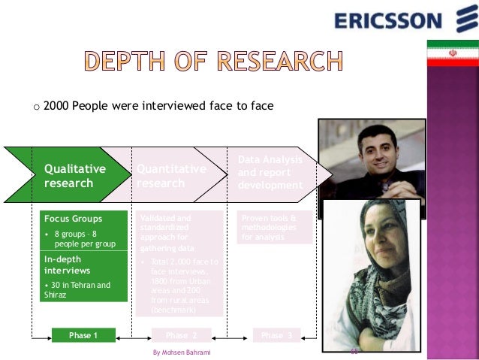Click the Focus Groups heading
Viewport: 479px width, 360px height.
(x=73, y=219)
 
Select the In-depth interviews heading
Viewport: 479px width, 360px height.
(x=68, y=264)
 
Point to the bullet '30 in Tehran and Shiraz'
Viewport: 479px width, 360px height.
(x=77, y=289)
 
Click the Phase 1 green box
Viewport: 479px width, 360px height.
(x=83, y=335)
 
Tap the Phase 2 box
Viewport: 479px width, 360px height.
(x=180, y=335)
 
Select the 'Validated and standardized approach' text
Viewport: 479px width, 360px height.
(x=170, y=232)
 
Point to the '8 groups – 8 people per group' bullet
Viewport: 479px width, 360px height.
(x=84, y=239)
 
